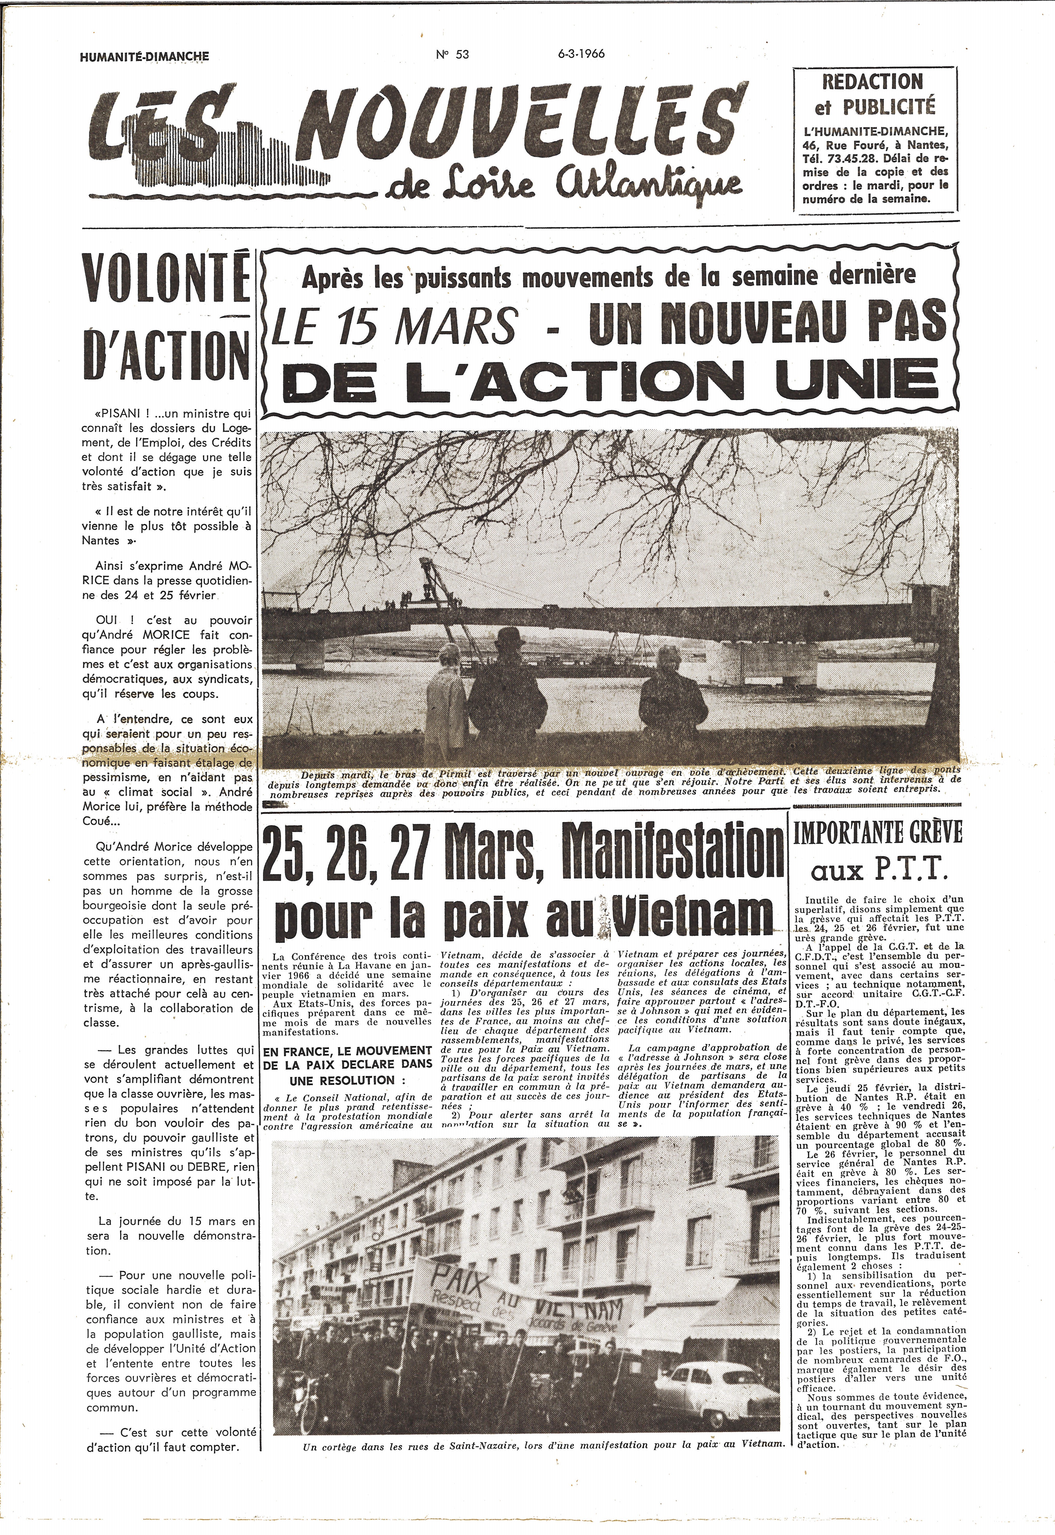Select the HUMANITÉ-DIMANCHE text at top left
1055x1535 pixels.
click(144, 57)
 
